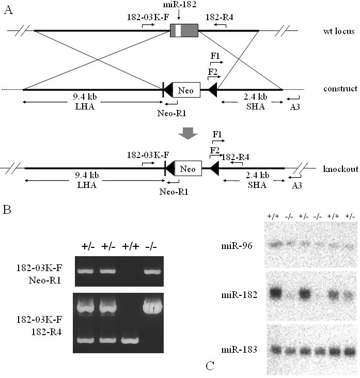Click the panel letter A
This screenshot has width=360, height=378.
point(8,10)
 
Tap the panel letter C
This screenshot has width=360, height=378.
point(210,366)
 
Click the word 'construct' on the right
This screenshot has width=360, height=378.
point(338,89)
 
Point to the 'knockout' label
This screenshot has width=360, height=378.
point(340,169)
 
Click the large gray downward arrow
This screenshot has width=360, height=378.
point(187,133)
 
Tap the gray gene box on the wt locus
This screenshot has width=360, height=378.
point(184,31)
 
